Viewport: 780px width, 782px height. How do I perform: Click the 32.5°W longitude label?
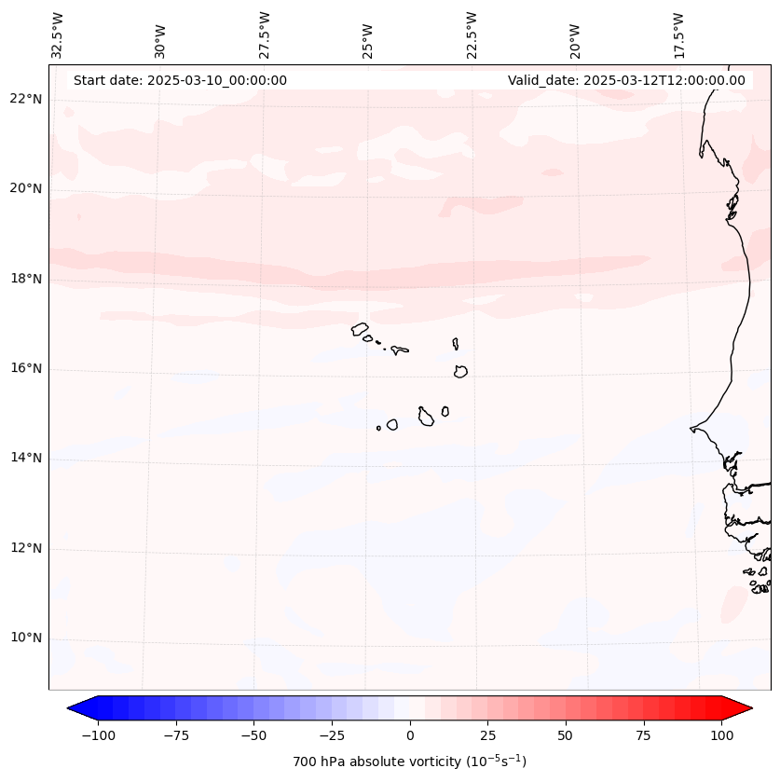pyautogui.click(x=58, y=35)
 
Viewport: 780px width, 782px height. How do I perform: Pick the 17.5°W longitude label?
pyautogui.click(x=678, y=35)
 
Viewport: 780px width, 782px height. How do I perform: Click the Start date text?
pyautogui.click(x=180, y=80)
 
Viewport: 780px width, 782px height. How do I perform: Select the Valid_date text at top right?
pyautogui.click(x=626, y=80)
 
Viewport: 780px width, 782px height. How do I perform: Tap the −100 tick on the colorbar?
pyautogui.click(x=98, y=735)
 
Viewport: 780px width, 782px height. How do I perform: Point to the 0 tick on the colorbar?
pyautogui.click(x=410, y=735)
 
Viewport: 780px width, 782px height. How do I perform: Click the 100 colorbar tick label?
pyautogui.click(x=721, y=735)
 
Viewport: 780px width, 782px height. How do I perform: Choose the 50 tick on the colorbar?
pyautogui.click(x=566, y=735)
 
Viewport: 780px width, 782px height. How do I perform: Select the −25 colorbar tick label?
pyautogui.click(x=332, y=735)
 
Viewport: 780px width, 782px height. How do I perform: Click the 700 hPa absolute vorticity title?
pyautogui.click(x=410, y=761)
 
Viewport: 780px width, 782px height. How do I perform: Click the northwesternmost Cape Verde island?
pyautogui.click(x=360, y=328)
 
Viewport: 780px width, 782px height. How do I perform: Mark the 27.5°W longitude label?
pyautogui.click(x=265, y=35)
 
